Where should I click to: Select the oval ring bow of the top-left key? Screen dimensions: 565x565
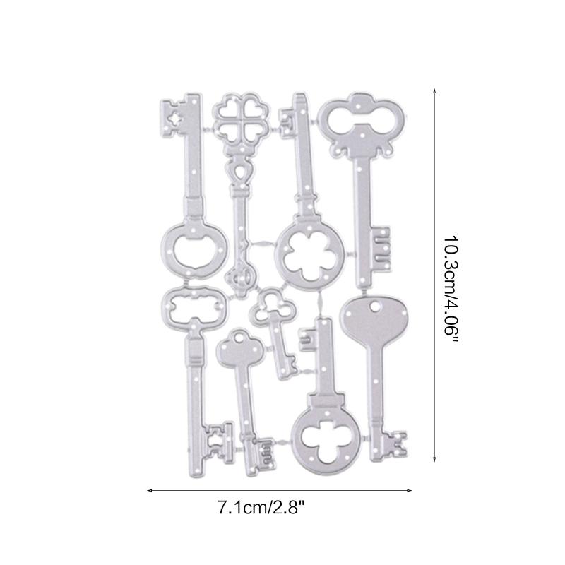click(x=194, y=248)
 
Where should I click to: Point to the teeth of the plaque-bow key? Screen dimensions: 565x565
click(x=219, y=439)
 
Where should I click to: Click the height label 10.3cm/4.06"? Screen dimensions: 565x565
click(x=453, y=290)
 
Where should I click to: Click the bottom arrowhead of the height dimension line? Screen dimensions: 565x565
click(x=433, y=460)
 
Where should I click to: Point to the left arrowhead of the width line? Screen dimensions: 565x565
click(x=150, y=489)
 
